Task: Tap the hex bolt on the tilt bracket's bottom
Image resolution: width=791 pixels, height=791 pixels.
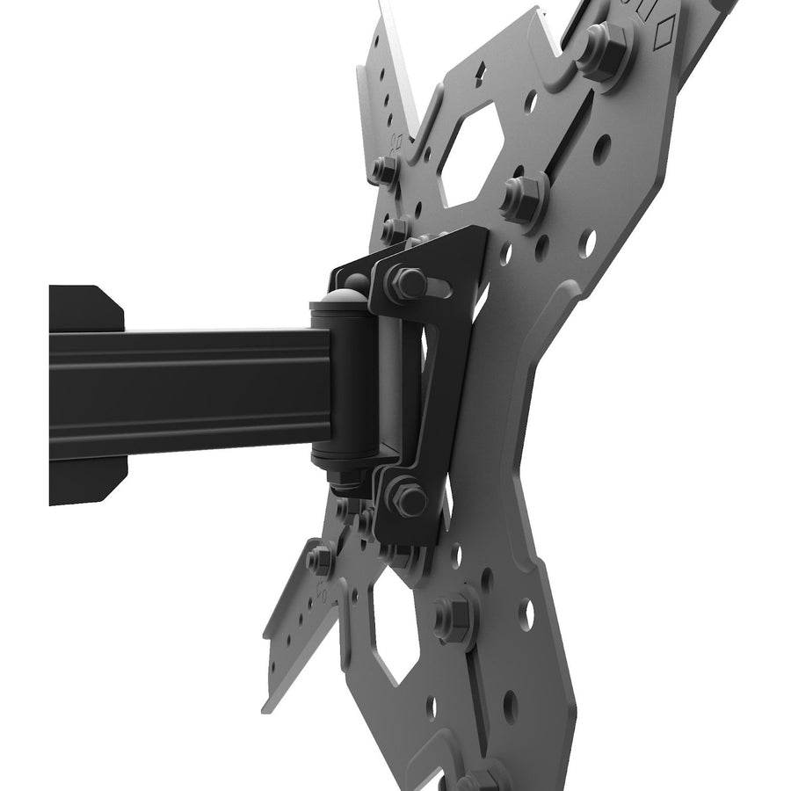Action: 407,498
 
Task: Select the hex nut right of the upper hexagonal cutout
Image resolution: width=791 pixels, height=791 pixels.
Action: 523,195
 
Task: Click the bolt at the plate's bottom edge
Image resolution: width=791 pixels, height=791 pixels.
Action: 480,779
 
